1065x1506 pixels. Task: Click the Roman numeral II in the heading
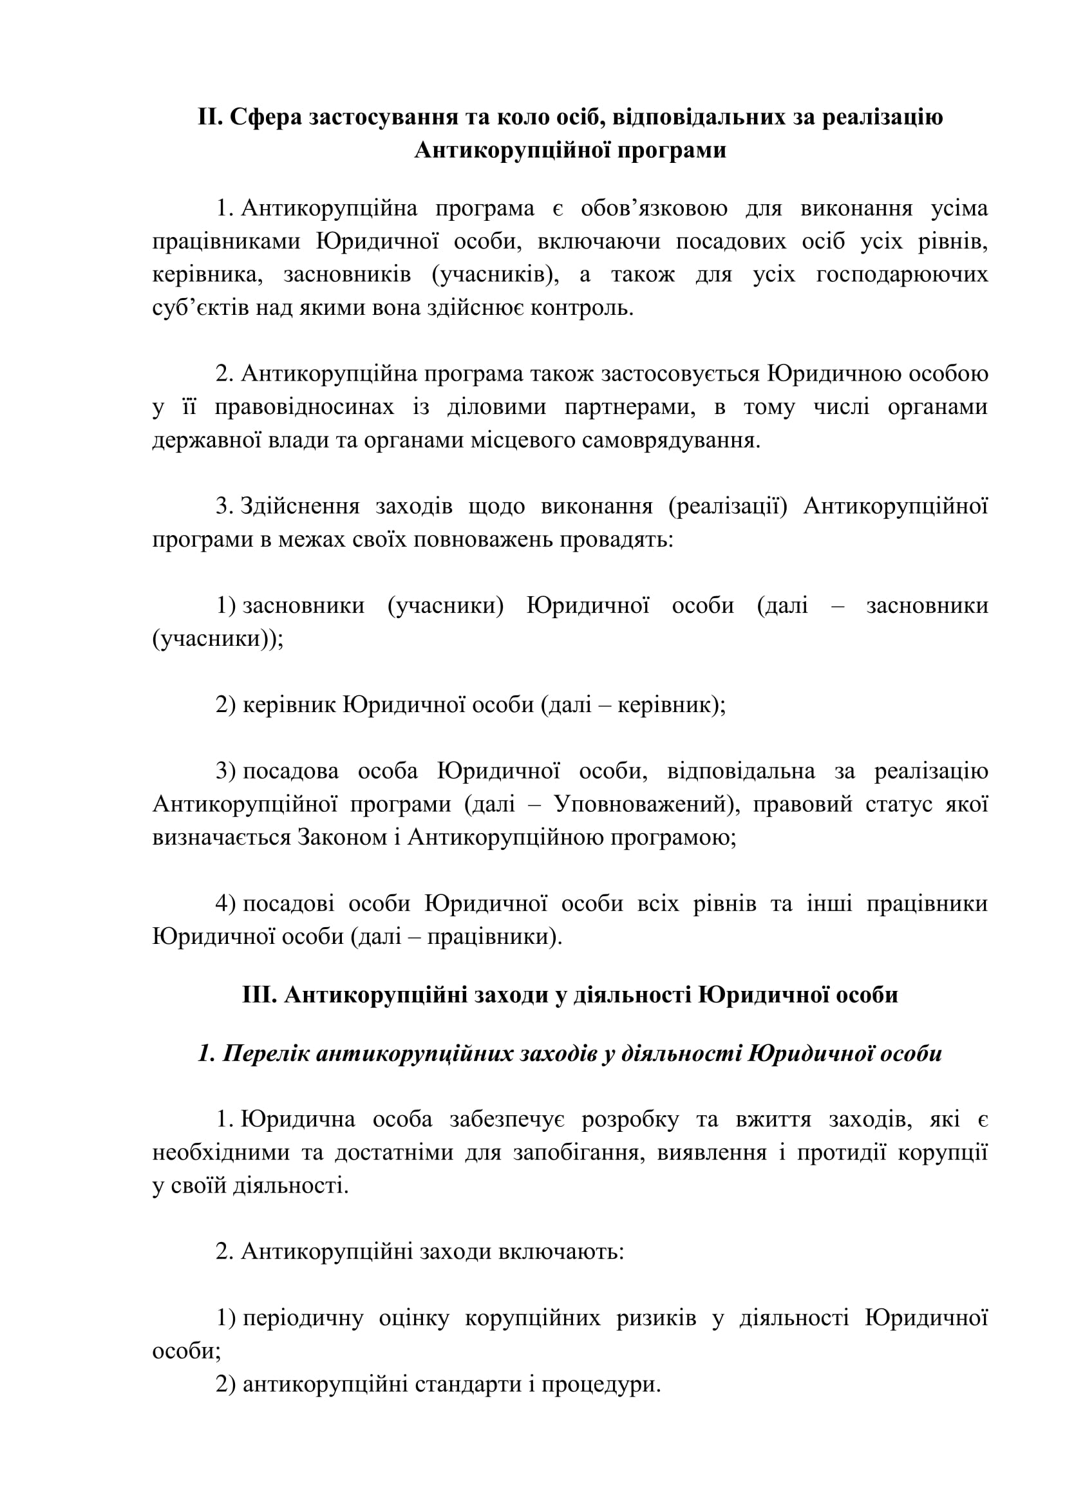tap(211, 117)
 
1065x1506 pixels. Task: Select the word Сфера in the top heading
tap(265, 117)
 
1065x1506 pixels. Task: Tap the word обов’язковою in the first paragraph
tap(654, 209)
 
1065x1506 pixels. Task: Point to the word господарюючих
tap(901, 274)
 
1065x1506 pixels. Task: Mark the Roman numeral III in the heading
tap(261, 994)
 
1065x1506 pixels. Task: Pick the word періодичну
tap(303, 1318)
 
